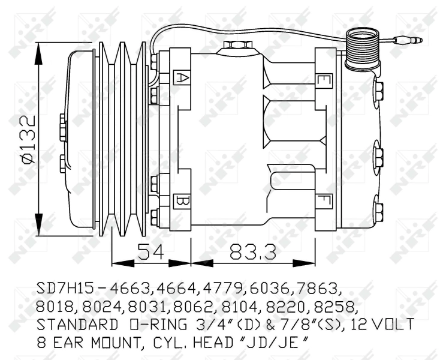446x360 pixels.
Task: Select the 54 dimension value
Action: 150,251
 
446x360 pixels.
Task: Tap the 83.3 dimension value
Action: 252,251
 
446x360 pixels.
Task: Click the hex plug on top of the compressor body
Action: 238,45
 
